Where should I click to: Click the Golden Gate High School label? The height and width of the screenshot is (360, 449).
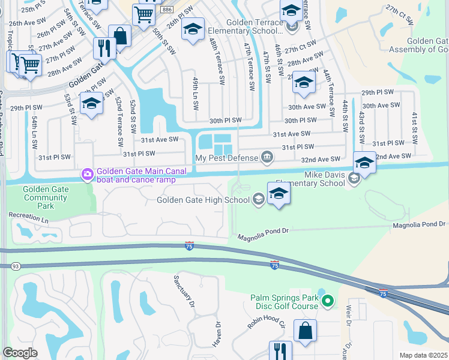[x=204, y=200]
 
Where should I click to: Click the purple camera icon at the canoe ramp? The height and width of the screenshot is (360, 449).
[x=88, y=175]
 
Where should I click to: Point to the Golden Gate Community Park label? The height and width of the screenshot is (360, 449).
[x=46, y=197]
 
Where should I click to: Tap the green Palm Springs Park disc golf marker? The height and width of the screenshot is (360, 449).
[x=327, y=300]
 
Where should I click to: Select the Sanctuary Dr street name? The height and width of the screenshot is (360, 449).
[x=184, y=292]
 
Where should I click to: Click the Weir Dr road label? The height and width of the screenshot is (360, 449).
[x=348, y=316]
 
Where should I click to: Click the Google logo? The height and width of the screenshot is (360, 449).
[x=20, y=352]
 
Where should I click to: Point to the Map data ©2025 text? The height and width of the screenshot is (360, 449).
[x=423, y=355]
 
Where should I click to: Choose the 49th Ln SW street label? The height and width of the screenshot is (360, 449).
[x=195, y=93]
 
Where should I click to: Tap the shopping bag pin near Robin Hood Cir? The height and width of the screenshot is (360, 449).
[x=305, y=331]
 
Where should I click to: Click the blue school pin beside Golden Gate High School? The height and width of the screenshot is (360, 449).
[x=279, y=194]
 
